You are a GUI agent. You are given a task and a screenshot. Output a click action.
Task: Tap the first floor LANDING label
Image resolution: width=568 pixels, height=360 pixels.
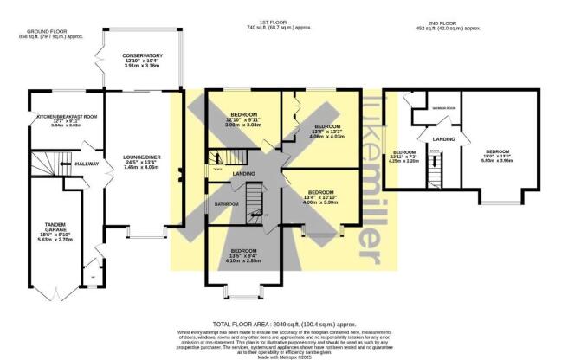point(244,173)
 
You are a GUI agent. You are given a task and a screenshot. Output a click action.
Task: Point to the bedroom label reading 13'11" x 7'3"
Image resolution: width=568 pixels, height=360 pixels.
point(403,157)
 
